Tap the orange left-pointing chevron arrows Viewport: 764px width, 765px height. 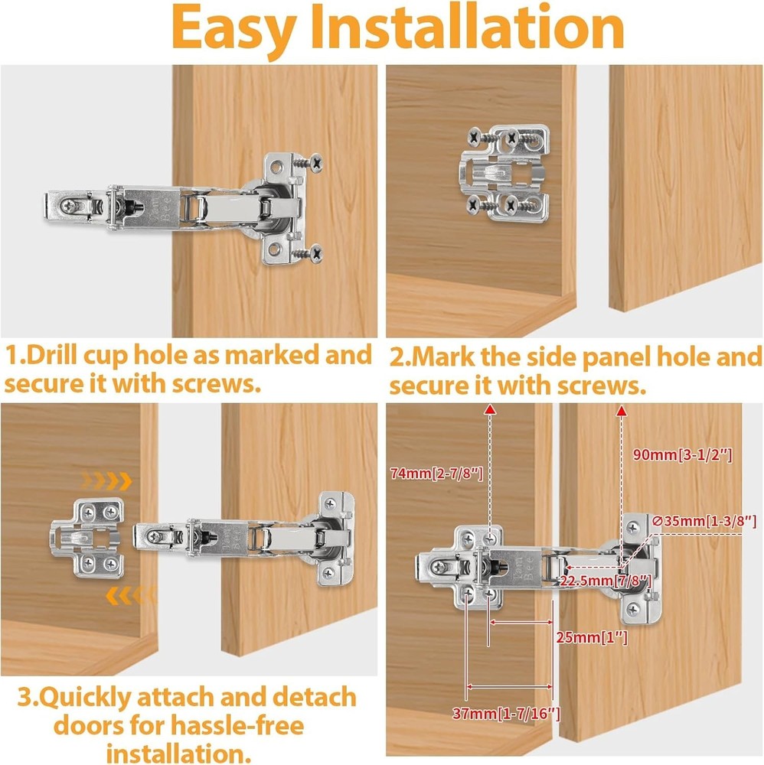pos(129,594)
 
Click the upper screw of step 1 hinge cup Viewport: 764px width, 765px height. pos(312,162)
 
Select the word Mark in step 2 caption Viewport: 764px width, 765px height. pos(446,356)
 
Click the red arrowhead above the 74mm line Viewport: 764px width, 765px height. pos(491,412)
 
